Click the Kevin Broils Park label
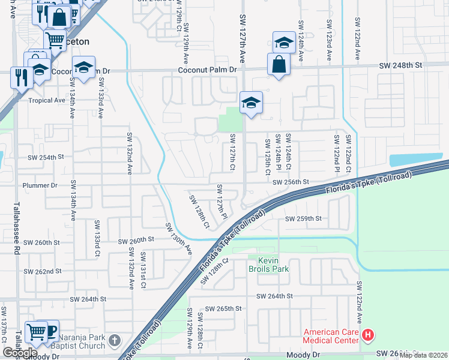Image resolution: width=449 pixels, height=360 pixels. click(x=273, y=265)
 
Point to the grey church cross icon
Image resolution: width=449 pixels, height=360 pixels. click(x=115, y=341)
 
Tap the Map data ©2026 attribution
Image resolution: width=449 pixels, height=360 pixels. click(x=423, y=355)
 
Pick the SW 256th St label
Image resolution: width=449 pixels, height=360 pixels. click(x=290, y=182)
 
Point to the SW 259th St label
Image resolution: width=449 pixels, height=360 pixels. click(x=304, y=219)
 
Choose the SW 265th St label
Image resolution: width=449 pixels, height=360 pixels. click(x=223, y=308)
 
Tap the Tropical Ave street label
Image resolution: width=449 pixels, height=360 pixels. click(x=46, y=100)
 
